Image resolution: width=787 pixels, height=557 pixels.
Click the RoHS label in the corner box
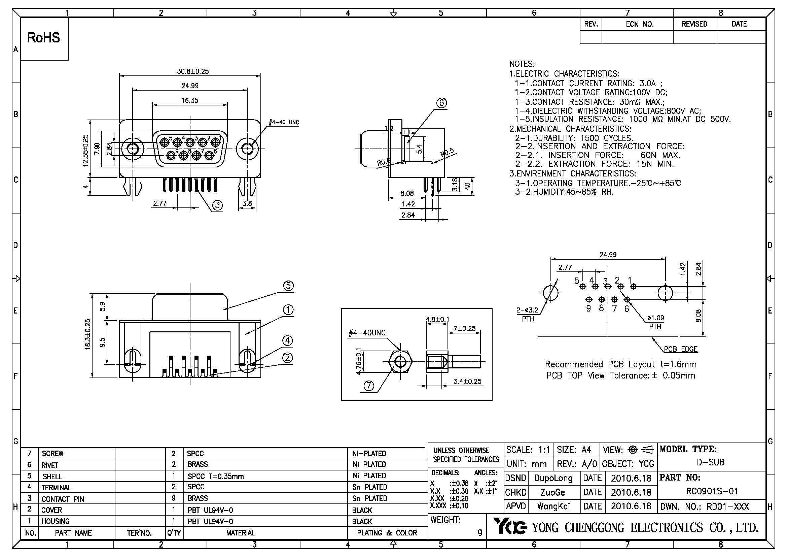(x=43, y=38)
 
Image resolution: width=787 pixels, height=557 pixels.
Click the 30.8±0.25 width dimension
(x=193, y=71)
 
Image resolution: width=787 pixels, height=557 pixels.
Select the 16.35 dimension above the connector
(x=190, y=100)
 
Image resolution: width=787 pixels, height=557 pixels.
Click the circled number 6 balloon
(x=441, y=103)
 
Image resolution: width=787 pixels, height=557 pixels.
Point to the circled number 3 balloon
(x=218, y=205)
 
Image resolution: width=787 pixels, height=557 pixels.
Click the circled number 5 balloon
(x=288, y=286)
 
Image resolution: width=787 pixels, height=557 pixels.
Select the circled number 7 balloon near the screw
(x=368, y=386)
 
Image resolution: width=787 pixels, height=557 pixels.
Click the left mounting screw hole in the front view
(x=132, y=149)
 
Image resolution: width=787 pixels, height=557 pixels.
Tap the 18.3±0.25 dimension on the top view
(x=88, y=334)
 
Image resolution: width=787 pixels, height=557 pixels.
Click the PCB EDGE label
(x=680, y=349)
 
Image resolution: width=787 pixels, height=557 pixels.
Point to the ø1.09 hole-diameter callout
(x=655, y=318)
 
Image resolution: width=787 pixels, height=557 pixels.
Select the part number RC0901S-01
(x=712, y=491)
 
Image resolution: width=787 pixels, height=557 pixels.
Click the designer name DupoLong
(x=553, y=478)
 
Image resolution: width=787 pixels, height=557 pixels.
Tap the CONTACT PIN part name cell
(x=63, y=499)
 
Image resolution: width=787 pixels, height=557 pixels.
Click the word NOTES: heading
(x=522, y=64)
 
